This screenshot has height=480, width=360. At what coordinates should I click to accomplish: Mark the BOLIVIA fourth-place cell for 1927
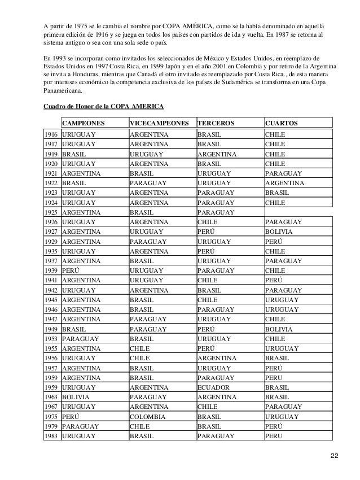tap(279, 232)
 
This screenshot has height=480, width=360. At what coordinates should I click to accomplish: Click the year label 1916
tap(51, 135)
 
